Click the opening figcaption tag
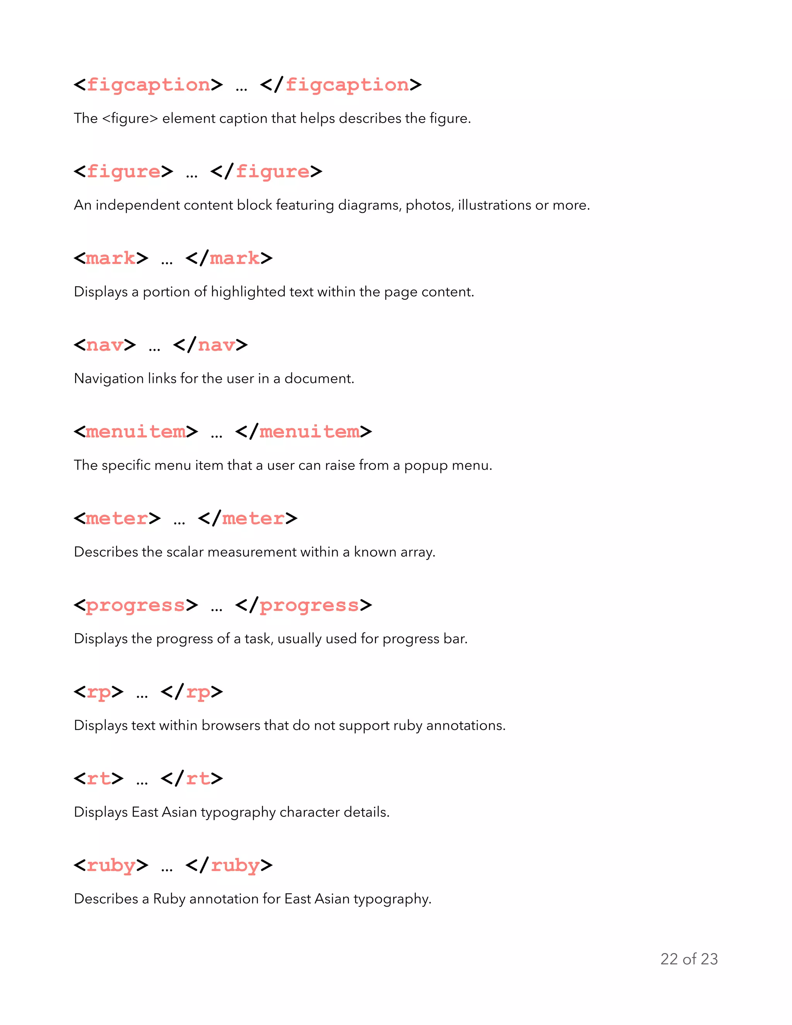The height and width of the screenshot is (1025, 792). tap(148, 85)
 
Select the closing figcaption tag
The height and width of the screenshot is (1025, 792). tap(341, 85)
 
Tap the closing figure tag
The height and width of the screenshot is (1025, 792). tap(266, 172)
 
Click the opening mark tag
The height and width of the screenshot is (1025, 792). tap(111, 258)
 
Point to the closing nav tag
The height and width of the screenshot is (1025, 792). tap(210, 345)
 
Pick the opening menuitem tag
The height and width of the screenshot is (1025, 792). tap(136, 432)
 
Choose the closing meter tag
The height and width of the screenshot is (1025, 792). tap(247, 519)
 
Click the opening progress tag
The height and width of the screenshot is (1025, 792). tap(136, 605)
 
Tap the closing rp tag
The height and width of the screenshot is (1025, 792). tap(191, 692)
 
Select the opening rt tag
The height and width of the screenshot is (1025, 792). tap(99, 779)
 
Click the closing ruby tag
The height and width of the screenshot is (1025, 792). tap(229, 865)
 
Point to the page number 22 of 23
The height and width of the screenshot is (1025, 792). tap(689, 959)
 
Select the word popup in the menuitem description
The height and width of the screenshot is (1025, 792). tap(425, 466)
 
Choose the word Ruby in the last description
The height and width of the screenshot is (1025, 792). tap(169, 899)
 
